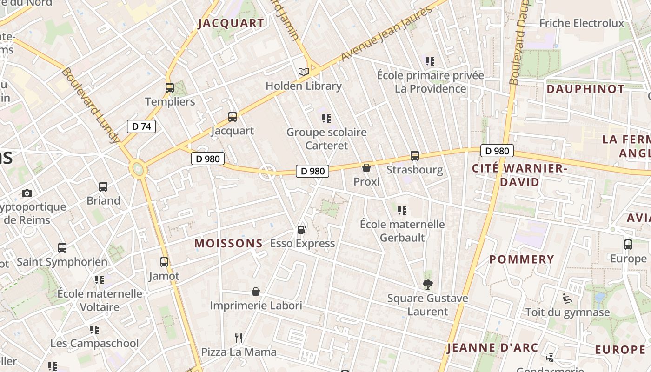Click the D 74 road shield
pos(141,126)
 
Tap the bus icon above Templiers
pos(170,87)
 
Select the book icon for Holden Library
pos(304,72)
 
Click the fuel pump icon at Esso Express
pos(302,229)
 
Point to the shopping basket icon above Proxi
pos(366,168)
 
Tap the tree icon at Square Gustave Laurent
pos(427,284)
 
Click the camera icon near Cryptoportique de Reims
pos(27,193)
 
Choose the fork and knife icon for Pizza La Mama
pos(239,338)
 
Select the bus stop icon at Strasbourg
pos(414,156)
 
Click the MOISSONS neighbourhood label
pos(228,243)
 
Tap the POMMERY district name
pos(522,259)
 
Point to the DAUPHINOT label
pos(585,89)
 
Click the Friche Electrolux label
pos(582,23)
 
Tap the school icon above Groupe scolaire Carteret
pos(326,119)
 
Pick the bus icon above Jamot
pos(164,262)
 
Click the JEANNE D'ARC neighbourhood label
pos(492,348)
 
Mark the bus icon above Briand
pos(103,187)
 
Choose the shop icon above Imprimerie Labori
pos(256,292)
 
